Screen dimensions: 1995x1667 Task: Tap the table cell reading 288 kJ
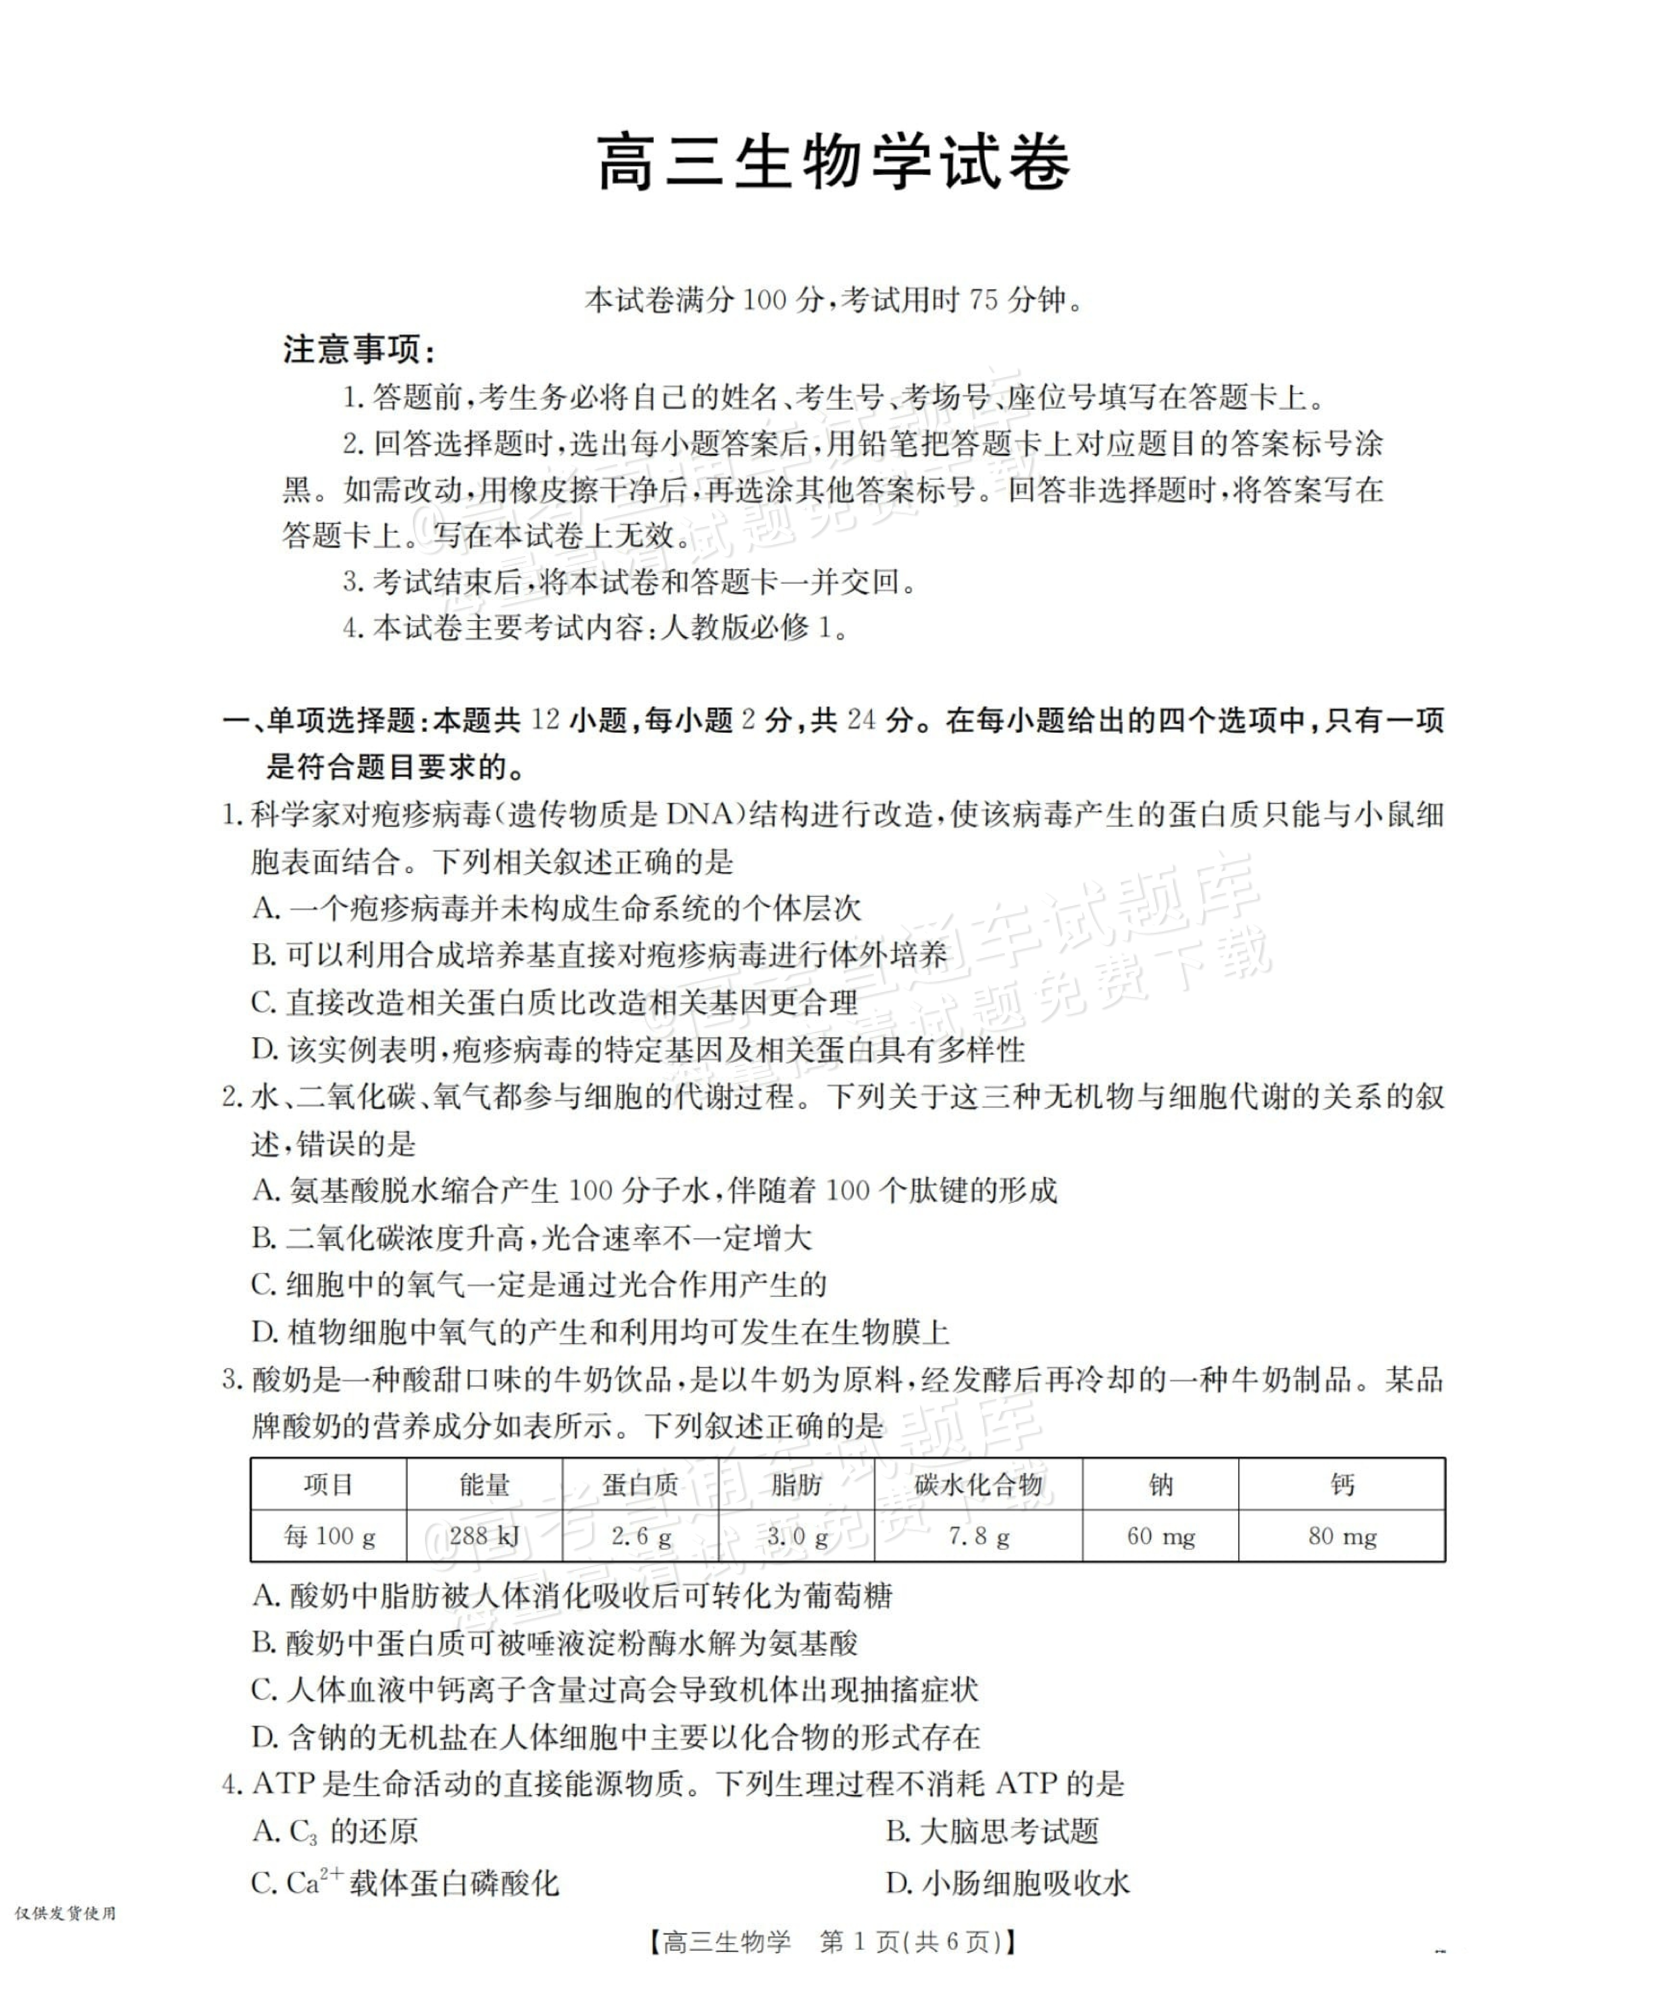tap(485, 1536)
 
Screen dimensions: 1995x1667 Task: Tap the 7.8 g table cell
tap(978, 1536)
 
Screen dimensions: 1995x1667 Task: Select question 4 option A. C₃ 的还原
tap(335, 1831)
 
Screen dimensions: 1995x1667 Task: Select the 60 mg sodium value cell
tap(1161, 1536)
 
